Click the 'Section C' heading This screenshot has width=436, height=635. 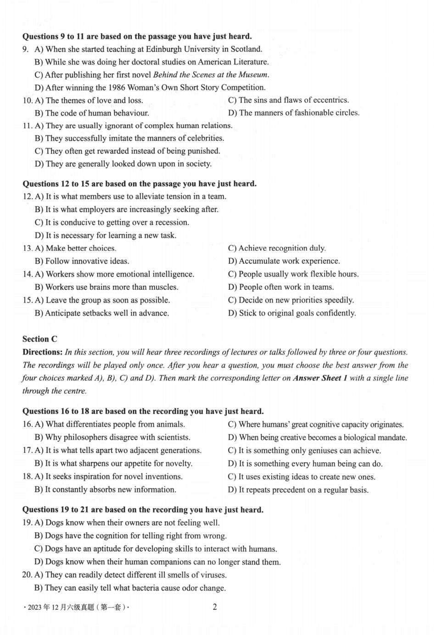[x=40, y=339]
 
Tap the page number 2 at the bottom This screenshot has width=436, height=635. [x=215, y=607]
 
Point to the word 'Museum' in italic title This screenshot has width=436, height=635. [x=253, y=75]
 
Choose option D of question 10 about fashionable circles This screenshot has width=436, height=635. [x=294, y=113]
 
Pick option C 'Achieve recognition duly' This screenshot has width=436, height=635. [x=277, y=248]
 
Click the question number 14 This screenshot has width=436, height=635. [x=27, y=274]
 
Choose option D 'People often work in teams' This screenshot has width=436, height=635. [x=281, y=287]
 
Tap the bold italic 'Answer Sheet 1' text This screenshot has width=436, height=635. [x=320, y=378]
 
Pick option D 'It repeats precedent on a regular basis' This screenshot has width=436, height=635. [x=298, y=490]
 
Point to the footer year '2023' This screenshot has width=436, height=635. [x=34, y=607]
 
